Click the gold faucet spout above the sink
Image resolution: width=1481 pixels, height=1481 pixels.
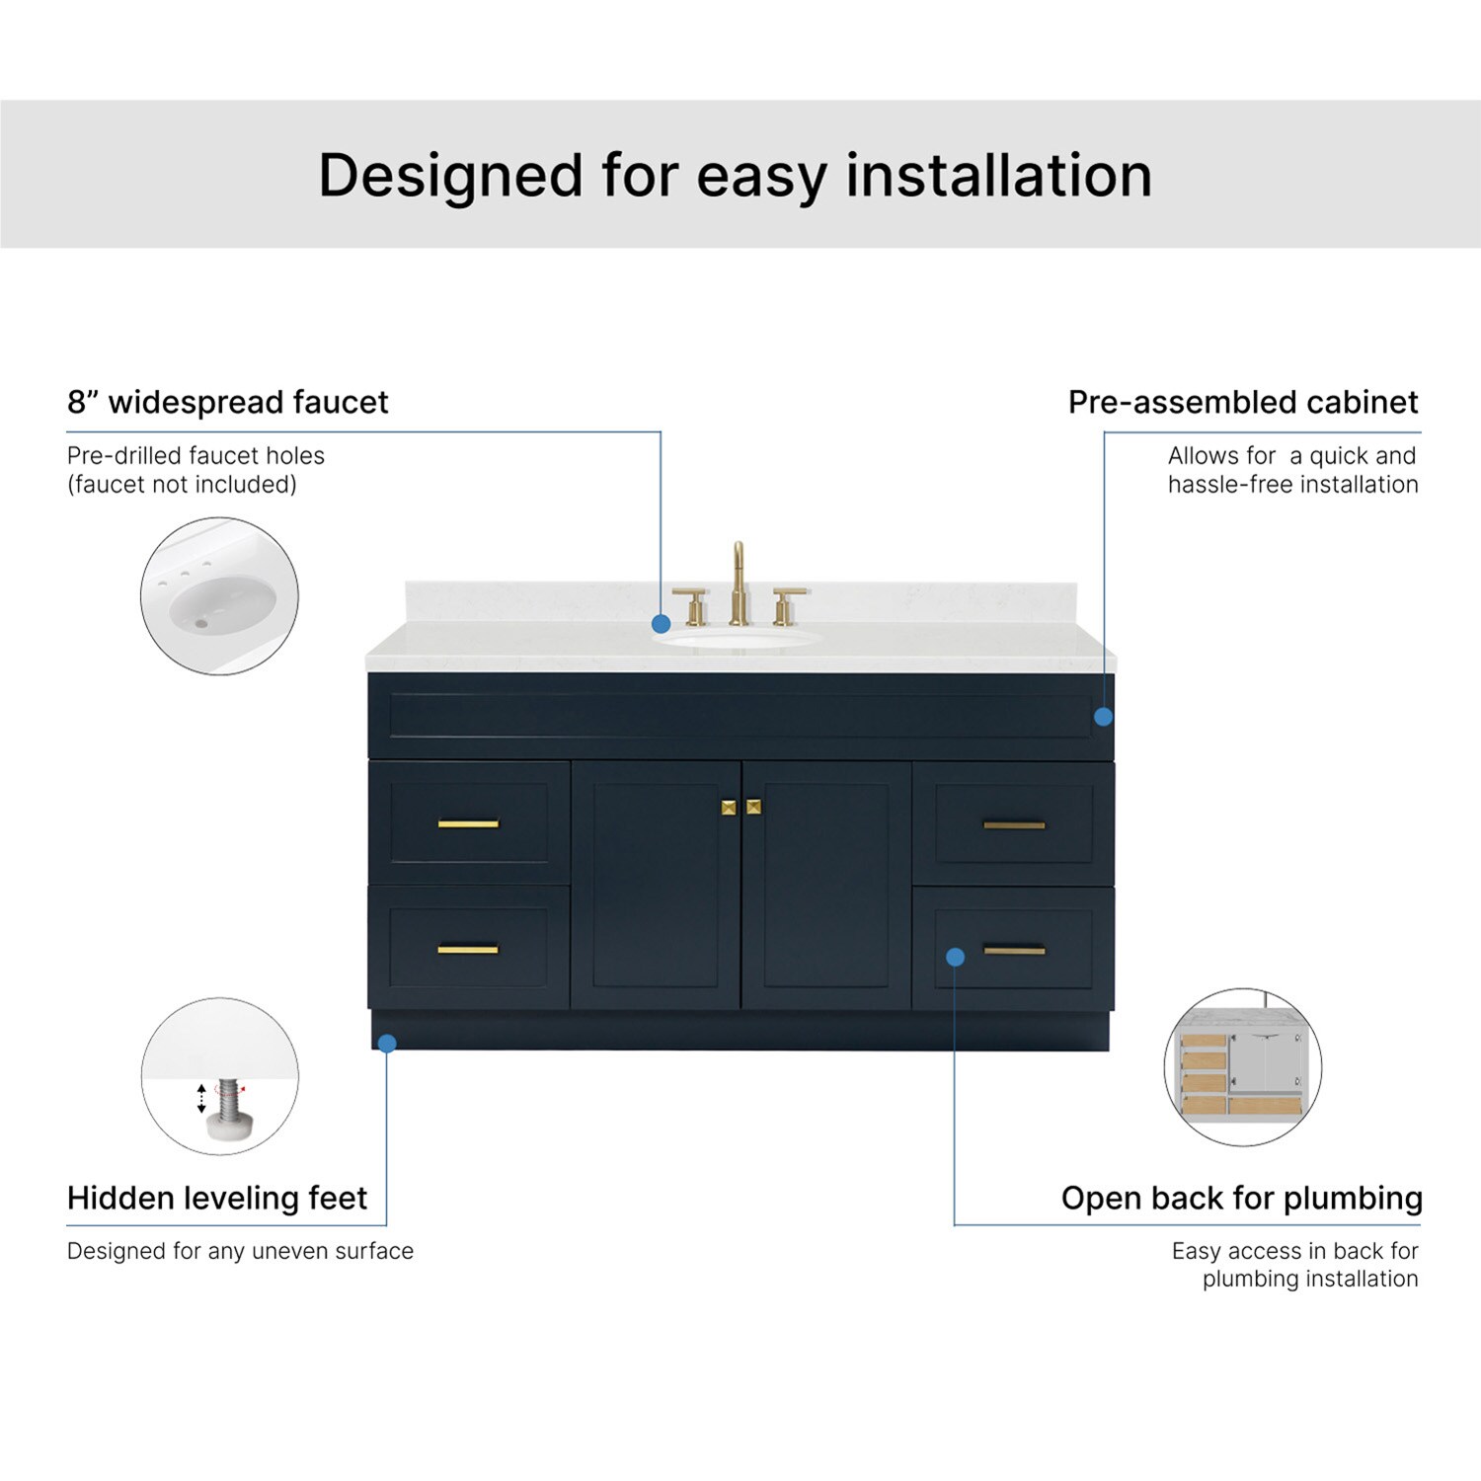pos(738,583)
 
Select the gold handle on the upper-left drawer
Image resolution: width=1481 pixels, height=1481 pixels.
pos(468,823)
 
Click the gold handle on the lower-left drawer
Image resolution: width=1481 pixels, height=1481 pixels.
pos(468,950)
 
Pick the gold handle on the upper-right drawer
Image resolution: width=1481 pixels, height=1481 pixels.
pos(1014,824)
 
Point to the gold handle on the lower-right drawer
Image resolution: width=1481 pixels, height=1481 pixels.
pos(1014,951)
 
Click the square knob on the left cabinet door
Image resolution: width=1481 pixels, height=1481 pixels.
pos(729,808)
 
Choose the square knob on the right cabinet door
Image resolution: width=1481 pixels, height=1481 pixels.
pos(753,808)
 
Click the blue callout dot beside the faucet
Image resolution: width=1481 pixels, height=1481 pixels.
pos(662,624)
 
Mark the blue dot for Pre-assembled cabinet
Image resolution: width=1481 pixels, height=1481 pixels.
pos(1104,717)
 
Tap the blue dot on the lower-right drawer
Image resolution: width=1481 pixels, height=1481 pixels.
pos(955,957)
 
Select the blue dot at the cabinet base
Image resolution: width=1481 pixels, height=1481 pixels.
pos(387,1043)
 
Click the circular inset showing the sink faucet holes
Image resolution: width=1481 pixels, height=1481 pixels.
pos(219,596)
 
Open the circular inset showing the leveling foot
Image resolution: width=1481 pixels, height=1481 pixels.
pos(219,1076)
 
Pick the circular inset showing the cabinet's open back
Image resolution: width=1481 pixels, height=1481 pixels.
pos(1242,1067)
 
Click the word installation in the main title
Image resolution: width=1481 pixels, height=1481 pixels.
pos(998,176)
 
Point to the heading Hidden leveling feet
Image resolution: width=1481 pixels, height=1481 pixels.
pos(217,1198)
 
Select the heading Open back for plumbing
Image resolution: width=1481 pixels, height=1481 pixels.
pos(1241,1198)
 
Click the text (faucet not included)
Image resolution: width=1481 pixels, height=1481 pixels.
pos(182,485)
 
